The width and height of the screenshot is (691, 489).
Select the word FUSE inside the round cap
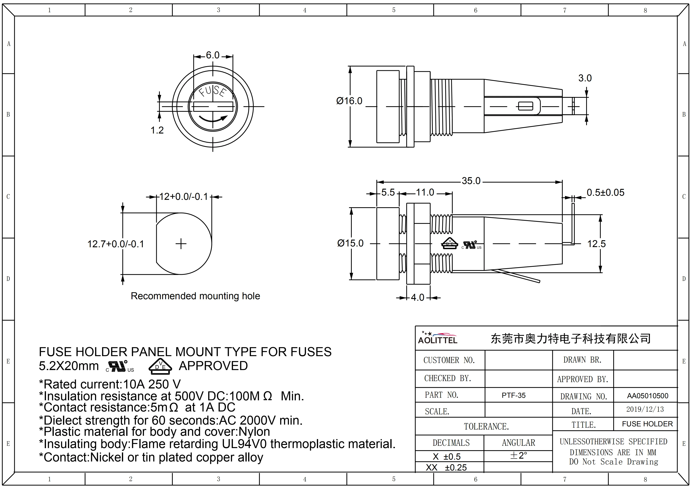[x=213, y=91]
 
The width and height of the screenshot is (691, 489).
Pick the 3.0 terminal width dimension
[x=585, y=78]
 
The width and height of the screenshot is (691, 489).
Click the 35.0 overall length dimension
[x=471, y=181]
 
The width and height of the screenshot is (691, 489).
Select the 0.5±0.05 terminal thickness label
[x=605, y=192]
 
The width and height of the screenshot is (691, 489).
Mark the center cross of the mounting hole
[x=181, y=244]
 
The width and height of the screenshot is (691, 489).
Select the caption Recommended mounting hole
[x=195, y=296]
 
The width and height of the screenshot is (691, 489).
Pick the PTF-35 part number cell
[x=513, y=395]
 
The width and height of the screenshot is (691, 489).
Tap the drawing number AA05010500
[x=647, y=396]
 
